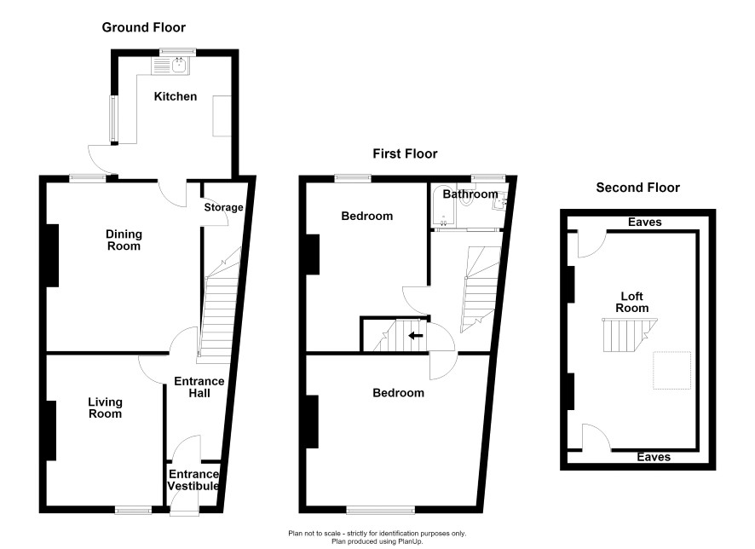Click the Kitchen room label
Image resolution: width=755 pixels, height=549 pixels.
(x=176, y=96)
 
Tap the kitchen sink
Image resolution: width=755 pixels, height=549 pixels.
(x=171, y=66)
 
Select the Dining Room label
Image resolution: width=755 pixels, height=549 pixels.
(x=124, y=240)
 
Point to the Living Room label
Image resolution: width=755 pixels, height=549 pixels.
(x=105, y=407)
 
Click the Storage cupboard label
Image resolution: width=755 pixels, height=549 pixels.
(x=223, y=207)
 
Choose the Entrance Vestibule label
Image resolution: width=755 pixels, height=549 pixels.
(x=193, y=480)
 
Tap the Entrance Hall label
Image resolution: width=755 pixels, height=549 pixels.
(x=199, y=387)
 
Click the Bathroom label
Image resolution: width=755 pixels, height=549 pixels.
(x=470, y=194)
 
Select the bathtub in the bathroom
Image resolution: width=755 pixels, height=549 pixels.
(x=443, y=206)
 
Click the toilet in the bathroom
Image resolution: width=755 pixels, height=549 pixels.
(x=466, y=199)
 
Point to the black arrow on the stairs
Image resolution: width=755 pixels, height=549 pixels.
(x=416, y=336)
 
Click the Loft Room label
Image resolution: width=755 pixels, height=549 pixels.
(x=631, y=302)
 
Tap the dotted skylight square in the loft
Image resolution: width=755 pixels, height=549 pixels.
(x=671, y=370)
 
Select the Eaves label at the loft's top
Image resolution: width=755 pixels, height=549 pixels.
(x=645, y=222)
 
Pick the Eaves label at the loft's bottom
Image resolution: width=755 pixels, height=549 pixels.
(x=654, y=457)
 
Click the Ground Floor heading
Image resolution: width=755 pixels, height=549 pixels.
(x=143, y=27)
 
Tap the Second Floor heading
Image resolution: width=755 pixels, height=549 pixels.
(x=637, y=188)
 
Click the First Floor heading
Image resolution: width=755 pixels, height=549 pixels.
(x=405, y=153)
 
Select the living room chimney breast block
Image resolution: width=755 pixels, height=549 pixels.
(x=51, y=431)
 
